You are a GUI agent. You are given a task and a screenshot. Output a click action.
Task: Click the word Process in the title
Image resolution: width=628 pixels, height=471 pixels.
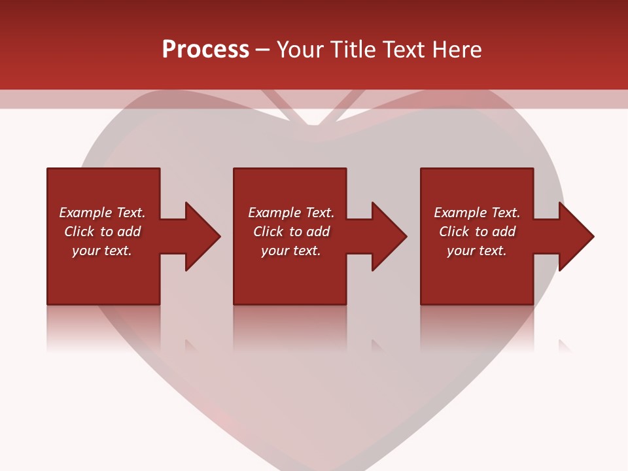[x=205, y=50]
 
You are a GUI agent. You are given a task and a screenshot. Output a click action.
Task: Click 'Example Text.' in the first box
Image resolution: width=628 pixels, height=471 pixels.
[x=102, y=213]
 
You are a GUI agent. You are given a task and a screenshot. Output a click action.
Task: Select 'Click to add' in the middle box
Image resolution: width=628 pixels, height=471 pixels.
[x=291, y=232]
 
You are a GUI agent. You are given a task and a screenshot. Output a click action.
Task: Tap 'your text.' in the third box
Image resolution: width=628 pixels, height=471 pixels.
[x=477, y=251]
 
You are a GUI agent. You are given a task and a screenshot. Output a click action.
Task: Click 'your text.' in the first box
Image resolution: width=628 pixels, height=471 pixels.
[x=102, y=251]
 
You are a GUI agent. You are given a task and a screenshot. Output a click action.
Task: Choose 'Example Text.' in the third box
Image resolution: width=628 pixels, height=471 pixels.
[x=477, y=213]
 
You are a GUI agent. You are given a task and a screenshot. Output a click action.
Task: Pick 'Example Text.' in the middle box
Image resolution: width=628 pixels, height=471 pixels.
[x=291, y=213]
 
